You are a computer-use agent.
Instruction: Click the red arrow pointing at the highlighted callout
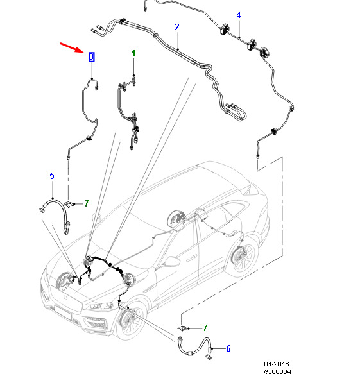click(x=72, y=47)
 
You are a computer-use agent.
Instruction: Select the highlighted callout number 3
click(x=92, y=57)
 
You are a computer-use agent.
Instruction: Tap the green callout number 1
click(x=133, y=53)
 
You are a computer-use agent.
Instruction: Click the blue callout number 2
click(x=176, y=27)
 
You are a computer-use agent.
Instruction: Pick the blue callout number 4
click(x=238, y=15)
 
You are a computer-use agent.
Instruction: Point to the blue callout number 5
click(x=52, y=176)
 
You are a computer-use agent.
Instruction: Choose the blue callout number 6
click(x=228, y=348)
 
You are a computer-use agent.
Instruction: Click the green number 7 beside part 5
click(x=87, y=203)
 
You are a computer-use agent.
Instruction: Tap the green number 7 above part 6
click(x=205, y=328)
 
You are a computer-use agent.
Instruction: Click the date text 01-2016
click(x=277, y=364)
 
